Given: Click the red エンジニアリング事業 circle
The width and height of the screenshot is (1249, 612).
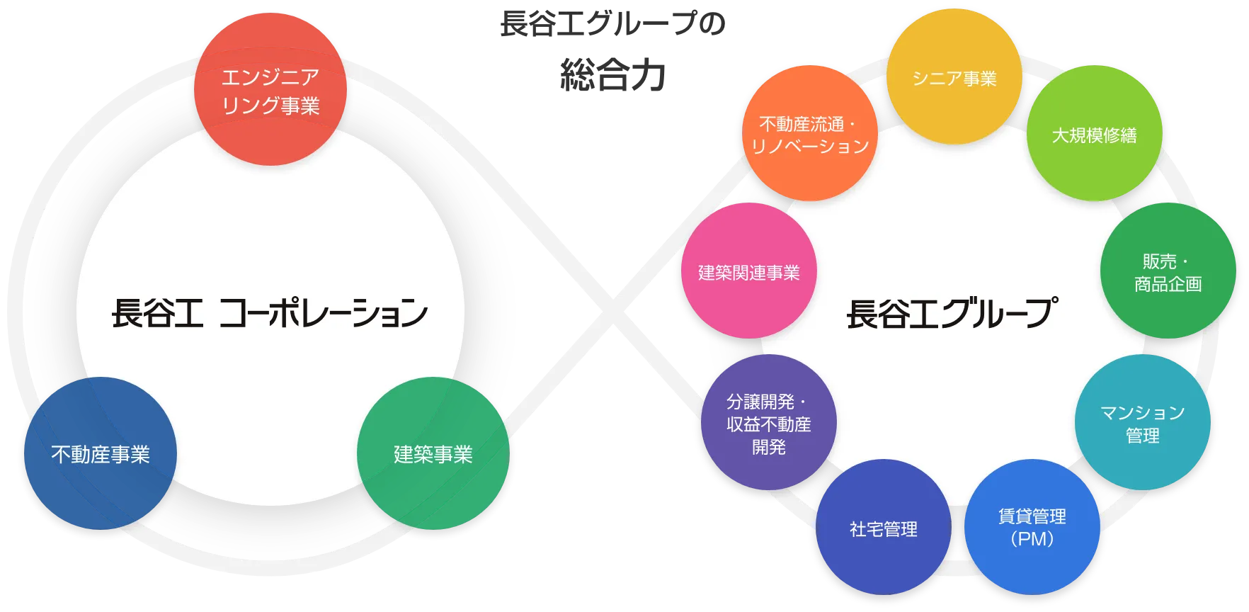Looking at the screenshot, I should coord(270,90).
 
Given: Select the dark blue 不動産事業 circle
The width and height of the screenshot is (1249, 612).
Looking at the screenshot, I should coord(100,453).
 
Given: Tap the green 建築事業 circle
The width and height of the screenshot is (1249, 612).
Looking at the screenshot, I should coord(433,453).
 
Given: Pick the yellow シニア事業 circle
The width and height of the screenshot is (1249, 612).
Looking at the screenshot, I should coord(954,77).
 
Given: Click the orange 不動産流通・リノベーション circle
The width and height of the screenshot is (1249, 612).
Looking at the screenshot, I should coord(809,134).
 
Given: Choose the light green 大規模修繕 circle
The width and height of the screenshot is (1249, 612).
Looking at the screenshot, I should coord(1094,134).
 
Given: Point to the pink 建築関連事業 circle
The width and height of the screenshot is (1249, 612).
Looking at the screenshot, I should coord(748,271).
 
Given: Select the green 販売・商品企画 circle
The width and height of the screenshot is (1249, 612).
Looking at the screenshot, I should coord(1168,271).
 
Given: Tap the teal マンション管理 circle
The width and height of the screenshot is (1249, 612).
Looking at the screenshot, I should coord(1142,423).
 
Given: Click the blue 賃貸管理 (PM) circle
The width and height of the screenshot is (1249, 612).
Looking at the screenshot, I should coord(1032,526).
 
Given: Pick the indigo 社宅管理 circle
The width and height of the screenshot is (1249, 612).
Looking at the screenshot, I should coord(883,528).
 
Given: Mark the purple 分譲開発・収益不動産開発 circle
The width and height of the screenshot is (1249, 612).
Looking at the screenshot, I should coord(768,423).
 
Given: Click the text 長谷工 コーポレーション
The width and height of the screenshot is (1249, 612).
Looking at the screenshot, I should coord(270,312).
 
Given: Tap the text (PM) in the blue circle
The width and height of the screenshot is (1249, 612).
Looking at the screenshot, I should coord(1032,539).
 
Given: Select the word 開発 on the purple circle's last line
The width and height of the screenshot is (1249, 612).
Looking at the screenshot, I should coord(768,447).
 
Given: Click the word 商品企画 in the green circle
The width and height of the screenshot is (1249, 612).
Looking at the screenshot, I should coord(1168,284).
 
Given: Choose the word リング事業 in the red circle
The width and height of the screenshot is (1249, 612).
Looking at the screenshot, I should coord(270,106).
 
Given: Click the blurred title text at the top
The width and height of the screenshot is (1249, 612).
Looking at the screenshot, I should coord(611,50).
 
